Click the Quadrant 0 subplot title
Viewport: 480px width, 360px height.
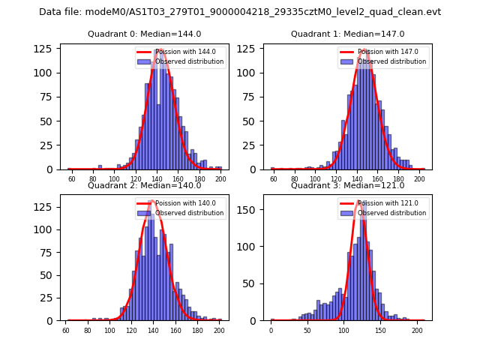144,34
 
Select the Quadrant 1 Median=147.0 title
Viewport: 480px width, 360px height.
347,34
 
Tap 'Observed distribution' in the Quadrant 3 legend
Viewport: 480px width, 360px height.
391,213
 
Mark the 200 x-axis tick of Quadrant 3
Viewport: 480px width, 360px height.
417,330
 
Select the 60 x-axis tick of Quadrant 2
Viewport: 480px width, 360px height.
66,330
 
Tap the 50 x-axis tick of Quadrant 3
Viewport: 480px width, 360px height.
307,330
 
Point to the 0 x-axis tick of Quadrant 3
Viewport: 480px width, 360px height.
271,330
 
